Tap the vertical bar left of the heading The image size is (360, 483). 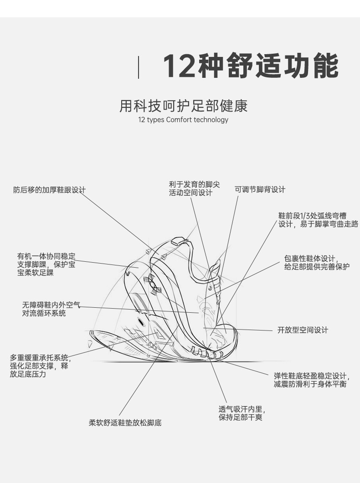(x=139, y=66)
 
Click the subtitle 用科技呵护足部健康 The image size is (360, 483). (x=183, y=106)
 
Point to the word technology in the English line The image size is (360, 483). (x=211, y=120)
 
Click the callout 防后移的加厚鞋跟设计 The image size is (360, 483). (x=49, y=189)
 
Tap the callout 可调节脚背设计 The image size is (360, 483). (x=260, y=189)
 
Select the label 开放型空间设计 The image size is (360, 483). (x=303, y=330)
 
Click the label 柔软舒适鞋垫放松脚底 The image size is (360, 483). (x=125, y=422)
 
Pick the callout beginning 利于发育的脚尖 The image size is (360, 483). (x=194, y=188)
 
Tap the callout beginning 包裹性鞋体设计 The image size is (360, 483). (x=317, y=263)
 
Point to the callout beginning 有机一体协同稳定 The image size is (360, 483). (x=46, y=264)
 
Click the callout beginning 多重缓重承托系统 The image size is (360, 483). (x=40, y=366)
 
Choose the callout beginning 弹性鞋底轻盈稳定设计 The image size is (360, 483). (x=311, y=380)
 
